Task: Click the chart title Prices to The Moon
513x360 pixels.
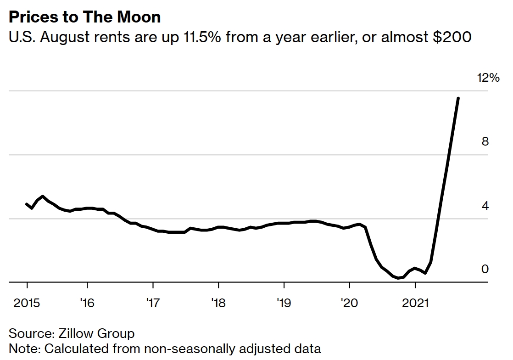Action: pyautogui.click(x=85, y=17)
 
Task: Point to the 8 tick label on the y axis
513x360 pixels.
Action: pyautogui.click(x=485, y=141)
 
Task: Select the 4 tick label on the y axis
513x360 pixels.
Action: pyautogui.click(x=485, y=205)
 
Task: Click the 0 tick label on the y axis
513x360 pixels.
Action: pyautogui.click(x=485, y=269)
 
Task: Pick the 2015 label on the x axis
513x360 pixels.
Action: pyautogui.click(x=27, y=304)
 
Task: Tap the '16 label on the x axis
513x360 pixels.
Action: pyautogui.click(x=87, y=304)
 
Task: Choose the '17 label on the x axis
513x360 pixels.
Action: pyautogui.click(x=153, y=304)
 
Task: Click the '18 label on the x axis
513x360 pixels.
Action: pyautogui.click(x=218, y=304)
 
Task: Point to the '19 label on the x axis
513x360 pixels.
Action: pyautogui.click(x=284, y=304)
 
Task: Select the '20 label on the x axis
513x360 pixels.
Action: pyautogui.click(x=350, y=304)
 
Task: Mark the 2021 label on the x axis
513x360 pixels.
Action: pyautogui.click(x=415, y=304)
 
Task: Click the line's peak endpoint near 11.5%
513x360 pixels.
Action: pyautogui.click(x=458, y=98)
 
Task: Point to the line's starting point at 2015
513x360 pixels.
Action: pyautogui.click(x=27, y=203)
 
